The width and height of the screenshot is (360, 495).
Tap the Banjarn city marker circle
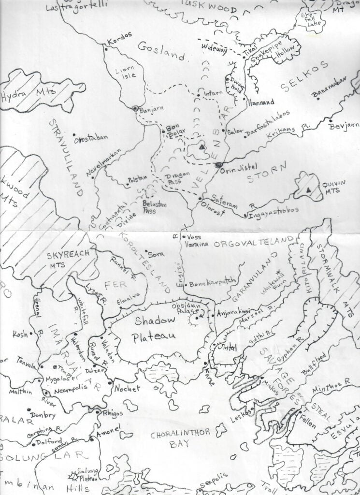point(136,108)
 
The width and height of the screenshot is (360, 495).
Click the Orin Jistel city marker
point(218,165)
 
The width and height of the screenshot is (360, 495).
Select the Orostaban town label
point(90,138)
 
